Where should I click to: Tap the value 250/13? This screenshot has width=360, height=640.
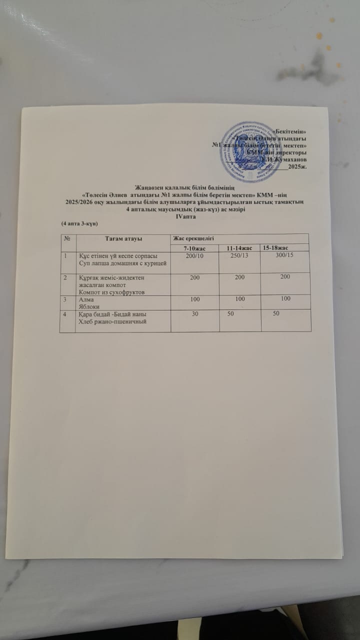click(238, 256)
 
